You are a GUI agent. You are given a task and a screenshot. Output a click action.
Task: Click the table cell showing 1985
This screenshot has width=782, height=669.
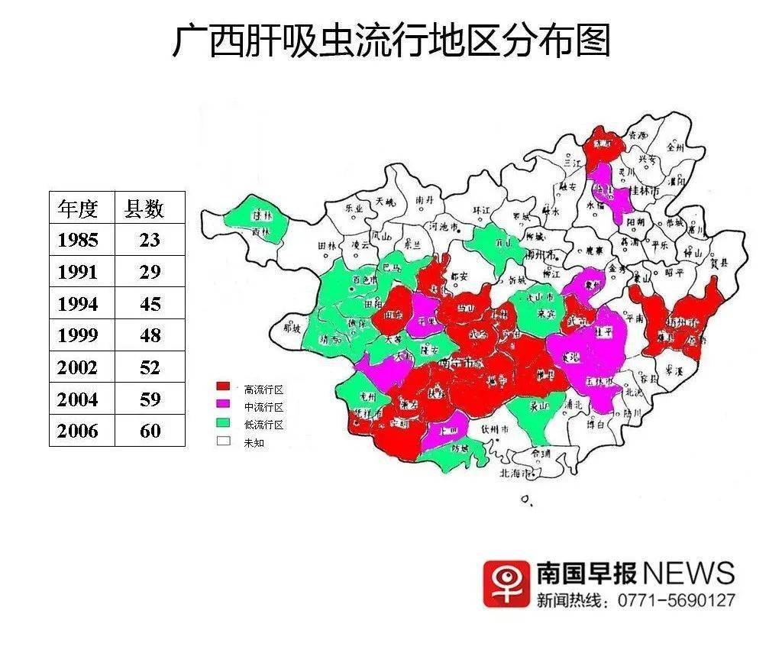point(78,240)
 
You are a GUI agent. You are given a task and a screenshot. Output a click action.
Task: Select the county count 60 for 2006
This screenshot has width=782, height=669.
point(150,431)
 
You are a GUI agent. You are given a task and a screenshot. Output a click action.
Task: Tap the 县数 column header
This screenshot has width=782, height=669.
point(144,208)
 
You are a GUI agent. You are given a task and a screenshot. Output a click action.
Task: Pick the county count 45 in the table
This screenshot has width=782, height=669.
point(150,304)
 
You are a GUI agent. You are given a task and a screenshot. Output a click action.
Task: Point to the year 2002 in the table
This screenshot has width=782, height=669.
point(78,367)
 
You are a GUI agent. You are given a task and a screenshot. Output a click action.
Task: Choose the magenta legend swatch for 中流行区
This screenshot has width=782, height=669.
point(223,406)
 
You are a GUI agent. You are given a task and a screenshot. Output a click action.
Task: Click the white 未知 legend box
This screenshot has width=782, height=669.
point(223,441)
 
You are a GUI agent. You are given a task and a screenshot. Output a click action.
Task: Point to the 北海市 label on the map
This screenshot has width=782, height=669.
point(515,473)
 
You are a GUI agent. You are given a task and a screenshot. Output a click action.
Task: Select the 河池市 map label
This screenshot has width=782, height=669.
point(444,227)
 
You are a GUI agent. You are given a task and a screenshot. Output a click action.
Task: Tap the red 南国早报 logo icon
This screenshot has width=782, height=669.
point(506,584)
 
